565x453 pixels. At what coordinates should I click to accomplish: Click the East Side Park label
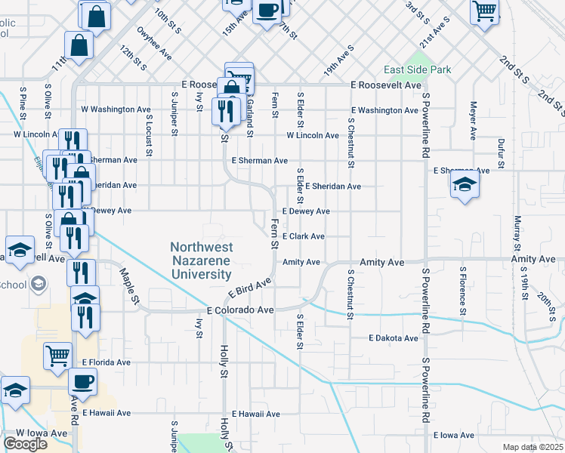tap(417, 70)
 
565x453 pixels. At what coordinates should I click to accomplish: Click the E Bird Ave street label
tap(249, 289)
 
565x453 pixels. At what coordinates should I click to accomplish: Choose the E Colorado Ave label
tap(239, 310)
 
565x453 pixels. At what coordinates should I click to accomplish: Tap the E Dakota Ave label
tap(394, 338)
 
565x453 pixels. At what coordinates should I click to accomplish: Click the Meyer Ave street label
tap(474, 121)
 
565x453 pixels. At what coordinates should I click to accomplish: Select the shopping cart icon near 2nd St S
tap(484, 11)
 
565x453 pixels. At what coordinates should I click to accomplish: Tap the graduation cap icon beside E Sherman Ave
tap(465, 185)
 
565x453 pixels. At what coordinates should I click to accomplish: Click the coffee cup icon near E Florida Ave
tap(82, 381)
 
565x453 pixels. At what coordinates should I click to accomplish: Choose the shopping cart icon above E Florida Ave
tap(58, 355)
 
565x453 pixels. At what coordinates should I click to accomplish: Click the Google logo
tap(25, 444)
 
